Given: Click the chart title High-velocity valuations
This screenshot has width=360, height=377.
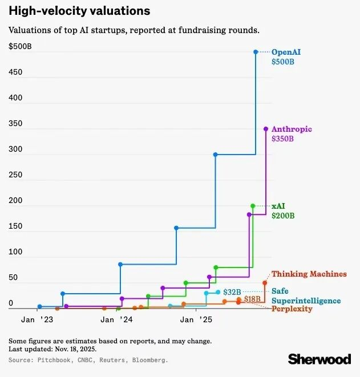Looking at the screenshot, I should pos(80,11).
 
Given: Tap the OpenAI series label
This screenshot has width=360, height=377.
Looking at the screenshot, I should pos(286,52).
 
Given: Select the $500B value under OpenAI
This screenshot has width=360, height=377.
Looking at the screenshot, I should pos(283,62).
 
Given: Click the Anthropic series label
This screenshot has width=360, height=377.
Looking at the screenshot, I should pos(292,129).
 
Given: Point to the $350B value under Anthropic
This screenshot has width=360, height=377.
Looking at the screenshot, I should pos(283,139).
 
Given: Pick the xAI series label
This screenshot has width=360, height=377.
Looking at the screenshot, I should pos(278,205).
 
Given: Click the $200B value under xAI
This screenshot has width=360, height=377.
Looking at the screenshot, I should pos(283,216).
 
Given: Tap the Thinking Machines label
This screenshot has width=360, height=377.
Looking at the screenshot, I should pos(309,274).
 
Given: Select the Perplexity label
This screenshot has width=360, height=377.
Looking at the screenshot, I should pos(292,309).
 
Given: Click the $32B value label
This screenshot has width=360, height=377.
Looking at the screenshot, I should pos(231,292).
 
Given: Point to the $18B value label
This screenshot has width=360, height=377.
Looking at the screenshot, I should pos(252,299).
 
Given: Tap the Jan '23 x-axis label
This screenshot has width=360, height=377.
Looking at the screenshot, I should pos(37,321).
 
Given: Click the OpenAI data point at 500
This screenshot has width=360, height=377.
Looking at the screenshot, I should pos(256,52).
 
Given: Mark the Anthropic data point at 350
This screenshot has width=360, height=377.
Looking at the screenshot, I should pos(265,129).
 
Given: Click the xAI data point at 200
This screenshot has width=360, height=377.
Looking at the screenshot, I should pos(253,206).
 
